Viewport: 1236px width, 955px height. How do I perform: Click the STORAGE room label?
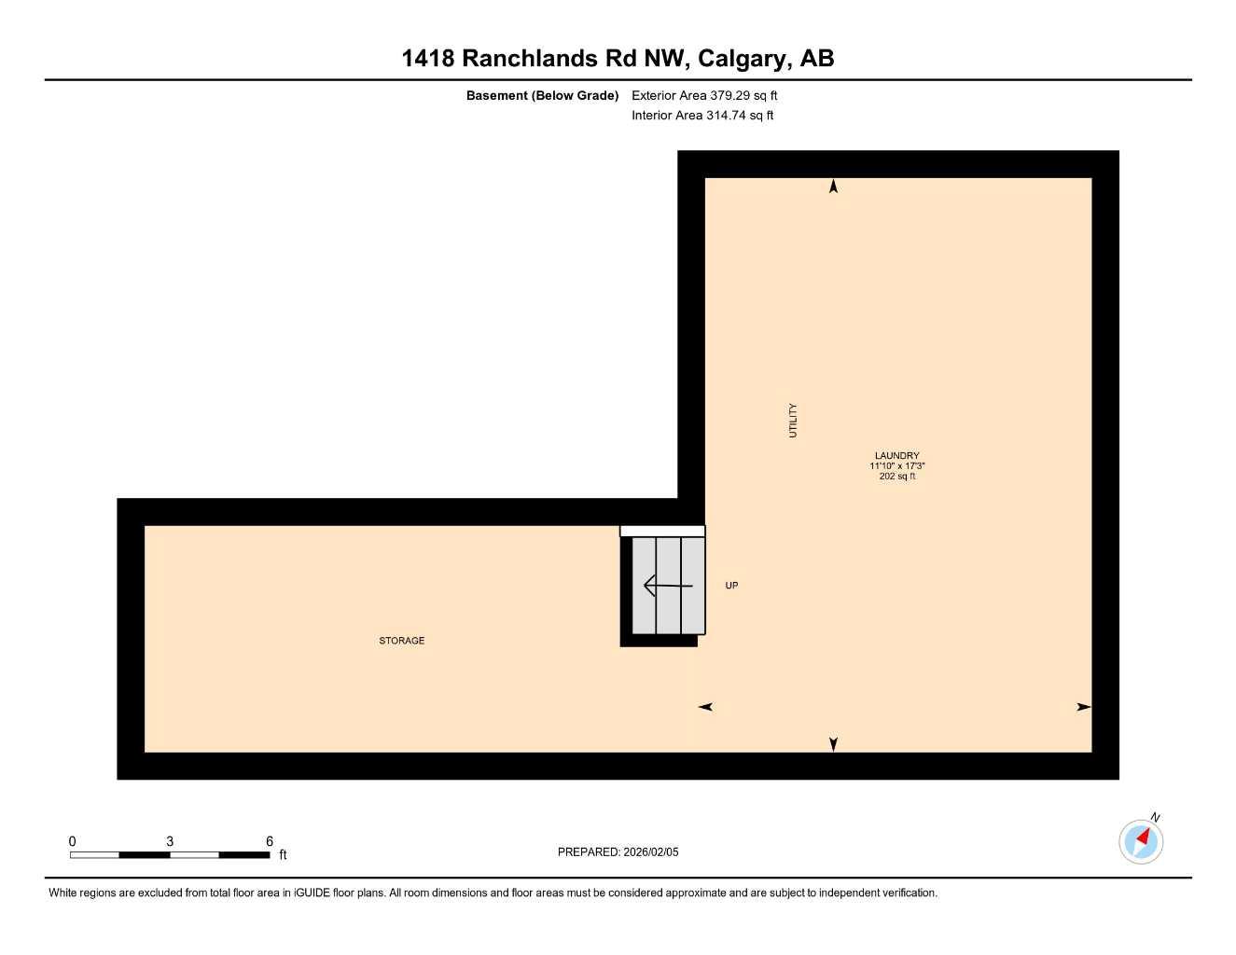[401, 641]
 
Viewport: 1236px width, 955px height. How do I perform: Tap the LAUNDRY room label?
[897, 456]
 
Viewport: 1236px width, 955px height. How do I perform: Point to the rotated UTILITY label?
[793, 421]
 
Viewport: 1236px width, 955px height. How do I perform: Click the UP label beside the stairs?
[732, 586]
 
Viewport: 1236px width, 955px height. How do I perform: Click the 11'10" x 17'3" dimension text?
[897, 466]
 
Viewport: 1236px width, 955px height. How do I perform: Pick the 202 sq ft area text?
[897, 477]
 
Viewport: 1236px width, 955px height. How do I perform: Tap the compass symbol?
[1141, 840]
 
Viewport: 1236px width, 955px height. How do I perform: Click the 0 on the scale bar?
[73, 841]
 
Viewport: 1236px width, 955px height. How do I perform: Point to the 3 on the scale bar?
[170, 841]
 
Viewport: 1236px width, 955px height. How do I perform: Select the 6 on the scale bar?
[270, 841]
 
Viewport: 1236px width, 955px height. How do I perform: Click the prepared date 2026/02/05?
[651, 852]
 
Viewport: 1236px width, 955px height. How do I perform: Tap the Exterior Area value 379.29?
[730, 95]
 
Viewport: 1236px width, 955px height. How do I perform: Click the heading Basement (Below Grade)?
[542, 95]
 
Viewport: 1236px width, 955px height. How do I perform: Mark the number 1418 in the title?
[427, 59]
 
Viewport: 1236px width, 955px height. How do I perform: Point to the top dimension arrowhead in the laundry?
[834, 187]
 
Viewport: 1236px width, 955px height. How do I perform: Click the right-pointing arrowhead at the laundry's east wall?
[1083, 707]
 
